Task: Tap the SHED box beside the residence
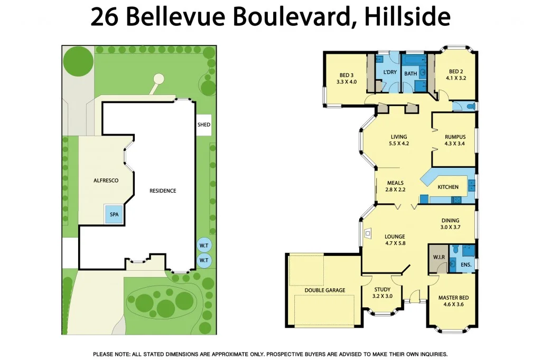tap(204, 125)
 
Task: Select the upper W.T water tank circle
tap(203, 245)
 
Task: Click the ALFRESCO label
tap(106, 181)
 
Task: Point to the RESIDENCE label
tap(162, 191)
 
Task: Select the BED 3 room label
tap(347, 75)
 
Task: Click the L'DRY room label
tap(390, 72)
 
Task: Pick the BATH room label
tap(411, 74)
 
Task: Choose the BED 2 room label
tap(456, 71)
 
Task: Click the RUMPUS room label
tap(454, 137)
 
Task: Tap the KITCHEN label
tap(448, 187)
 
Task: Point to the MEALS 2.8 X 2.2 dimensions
tap(395, 190)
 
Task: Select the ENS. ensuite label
tap(465, 264)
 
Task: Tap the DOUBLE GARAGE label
tap(324, 290)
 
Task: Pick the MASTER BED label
tap(453, 298)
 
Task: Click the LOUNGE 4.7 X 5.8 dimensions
tap(395, 243)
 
